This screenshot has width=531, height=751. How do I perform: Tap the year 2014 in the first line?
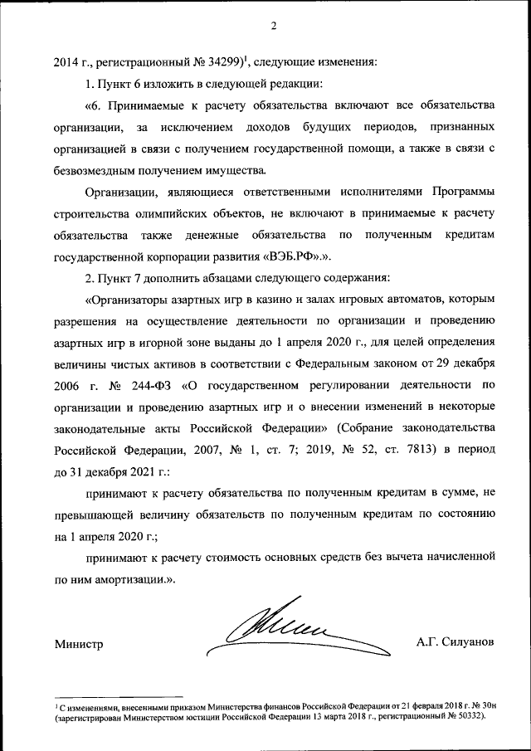click(67, 61)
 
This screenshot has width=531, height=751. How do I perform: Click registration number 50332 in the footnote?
click(465, 715)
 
